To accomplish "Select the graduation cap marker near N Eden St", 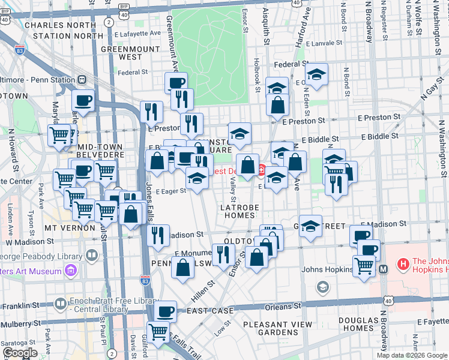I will (x=316, y=74).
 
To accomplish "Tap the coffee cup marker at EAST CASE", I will (x=165, y=311).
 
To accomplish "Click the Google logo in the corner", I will (x=19, y=353).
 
